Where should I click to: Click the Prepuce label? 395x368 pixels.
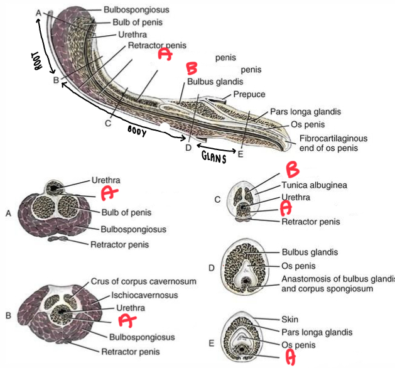click(249, 95)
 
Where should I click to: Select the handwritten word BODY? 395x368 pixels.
click(136, 130)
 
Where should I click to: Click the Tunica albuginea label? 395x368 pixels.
click(314, 185)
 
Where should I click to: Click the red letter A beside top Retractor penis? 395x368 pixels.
click(165, 55)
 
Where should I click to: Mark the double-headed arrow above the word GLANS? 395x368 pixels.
click(215, 149)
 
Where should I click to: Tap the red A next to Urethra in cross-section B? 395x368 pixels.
click(127, 320)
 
